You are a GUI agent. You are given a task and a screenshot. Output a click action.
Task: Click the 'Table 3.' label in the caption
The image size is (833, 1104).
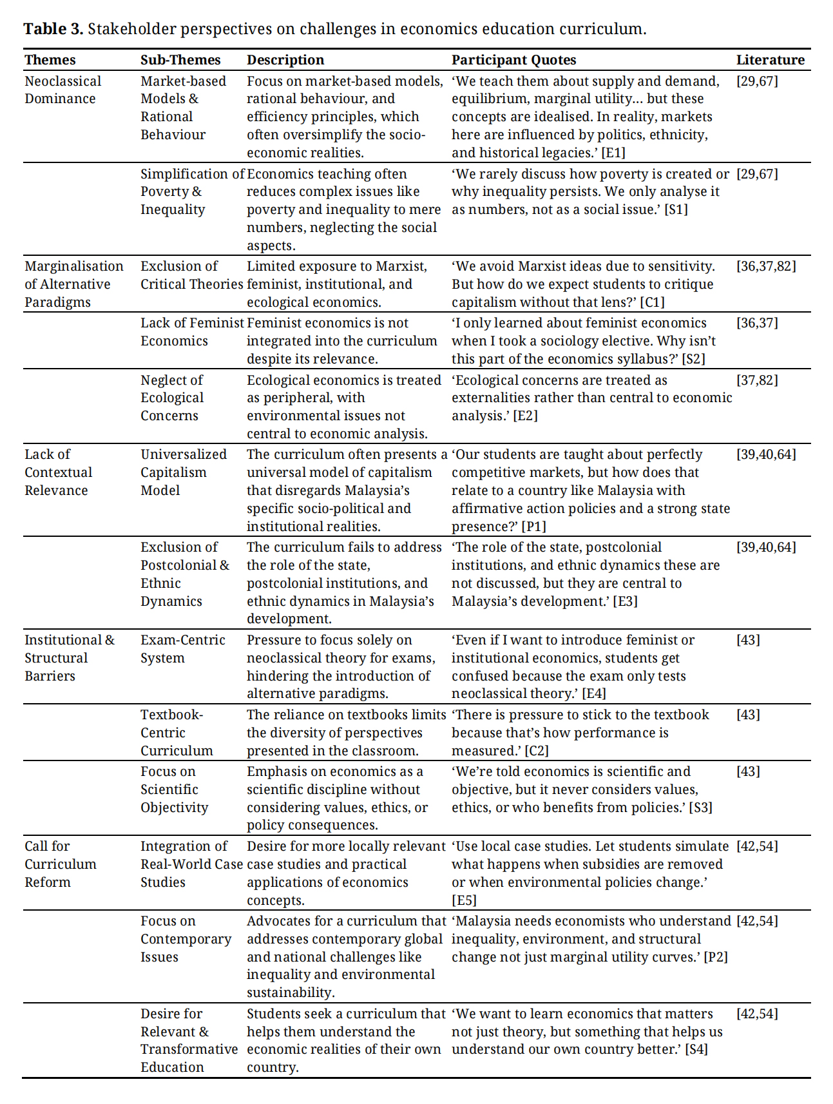click(53, 29)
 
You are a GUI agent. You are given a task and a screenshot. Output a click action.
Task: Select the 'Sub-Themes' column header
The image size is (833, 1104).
click(180, 60)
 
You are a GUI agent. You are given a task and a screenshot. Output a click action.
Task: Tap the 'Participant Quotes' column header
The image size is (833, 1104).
click(513, 60)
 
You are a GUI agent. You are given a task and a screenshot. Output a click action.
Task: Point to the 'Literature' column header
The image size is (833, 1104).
click(770, 60)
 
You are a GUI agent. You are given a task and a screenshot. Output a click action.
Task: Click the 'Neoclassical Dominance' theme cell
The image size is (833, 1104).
click(63, 90)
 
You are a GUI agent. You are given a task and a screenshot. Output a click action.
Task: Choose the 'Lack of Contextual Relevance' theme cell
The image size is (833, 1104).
click(58, 472)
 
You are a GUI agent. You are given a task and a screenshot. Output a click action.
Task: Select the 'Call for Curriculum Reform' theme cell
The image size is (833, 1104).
click(60, 864)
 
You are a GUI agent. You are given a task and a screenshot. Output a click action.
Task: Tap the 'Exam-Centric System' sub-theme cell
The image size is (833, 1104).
click(183, 648)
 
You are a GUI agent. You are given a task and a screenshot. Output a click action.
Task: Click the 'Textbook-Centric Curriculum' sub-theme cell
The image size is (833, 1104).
click(177, 732)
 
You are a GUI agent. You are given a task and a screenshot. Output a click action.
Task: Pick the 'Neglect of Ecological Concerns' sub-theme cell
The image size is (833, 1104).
click(172, 398)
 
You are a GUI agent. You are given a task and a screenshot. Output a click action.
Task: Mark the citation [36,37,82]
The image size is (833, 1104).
click(766, 266)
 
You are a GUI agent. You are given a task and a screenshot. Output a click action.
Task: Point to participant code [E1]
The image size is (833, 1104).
click(613, 153)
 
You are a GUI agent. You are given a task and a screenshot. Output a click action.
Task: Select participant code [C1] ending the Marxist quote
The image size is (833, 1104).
click(653, 302)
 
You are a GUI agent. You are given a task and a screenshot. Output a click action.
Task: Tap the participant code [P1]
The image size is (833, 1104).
click(533, 527)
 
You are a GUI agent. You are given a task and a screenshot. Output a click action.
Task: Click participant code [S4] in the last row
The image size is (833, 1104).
click(696, 1049)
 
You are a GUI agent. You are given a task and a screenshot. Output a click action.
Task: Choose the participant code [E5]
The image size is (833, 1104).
click(464, 900)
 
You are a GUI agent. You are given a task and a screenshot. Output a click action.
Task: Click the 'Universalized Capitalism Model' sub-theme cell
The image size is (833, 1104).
click(184, 472)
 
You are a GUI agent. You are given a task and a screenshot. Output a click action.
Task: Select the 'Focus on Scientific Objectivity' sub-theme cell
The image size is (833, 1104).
click(175, 789)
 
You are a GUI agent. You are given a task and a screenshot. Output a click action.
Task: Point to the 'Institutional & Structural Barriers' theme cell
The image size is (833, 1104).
click(70, 657)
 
